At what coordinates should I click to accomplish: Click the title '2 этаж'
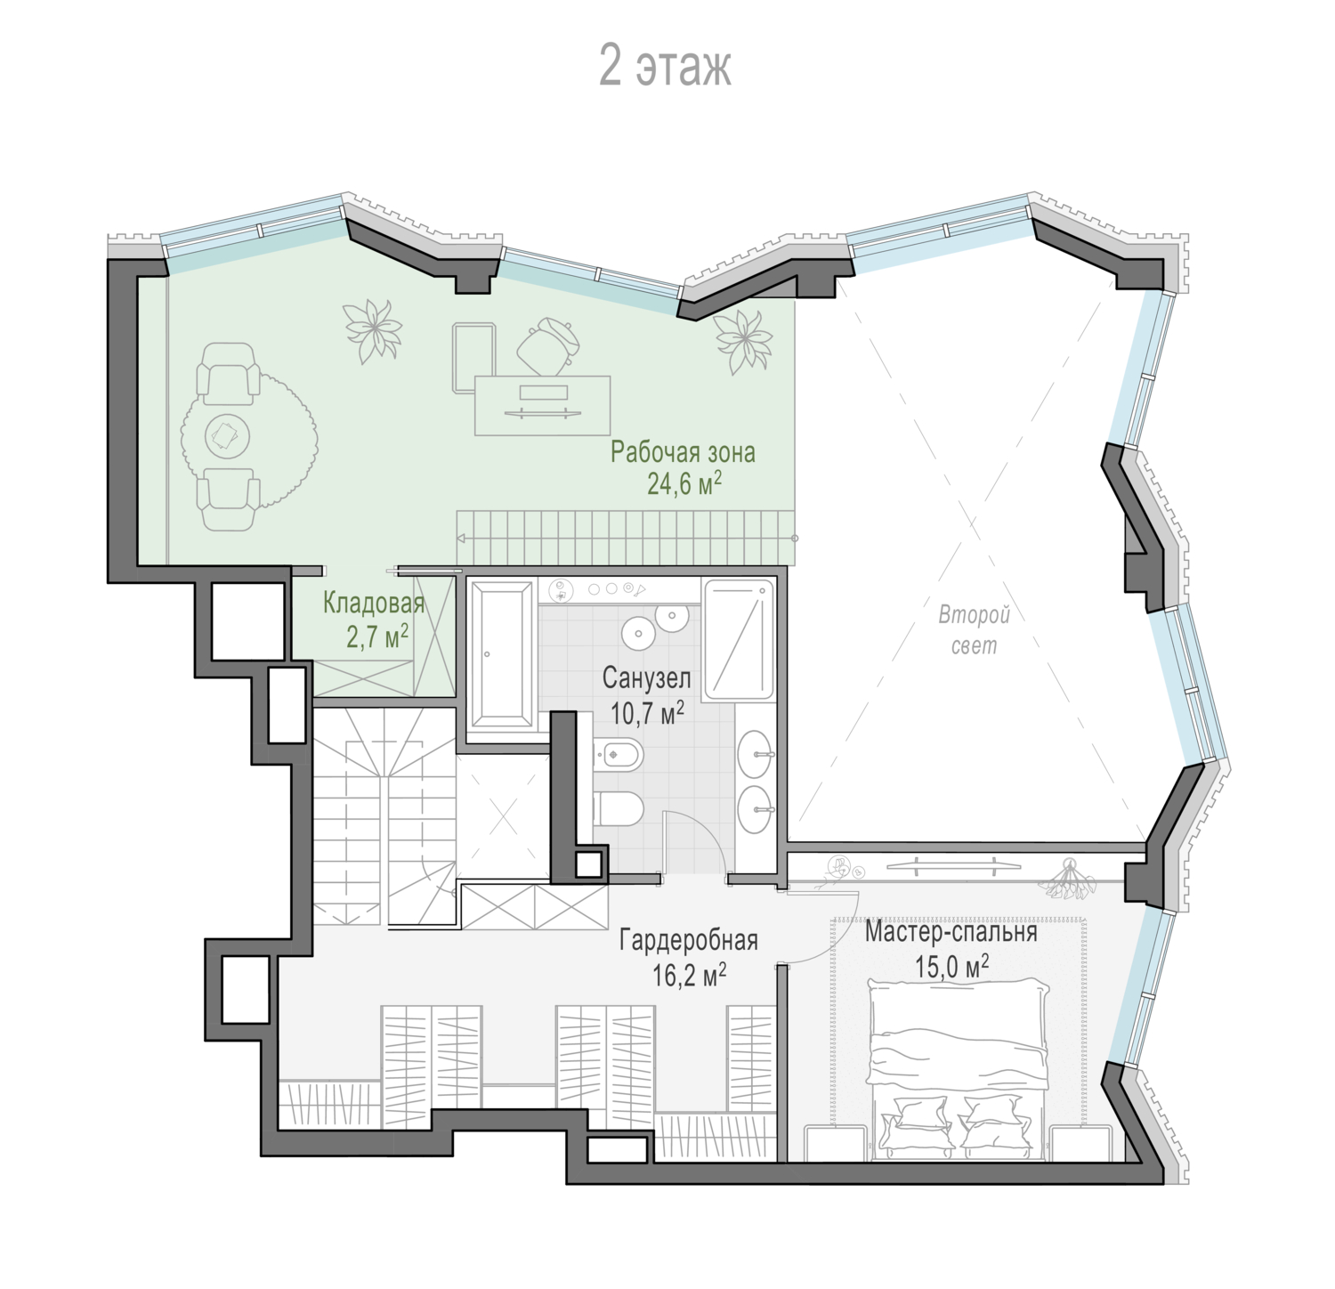665,66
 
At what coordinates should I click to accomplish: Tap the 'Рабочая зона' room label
683,452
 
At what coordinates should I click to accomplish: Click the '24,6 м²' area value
684,483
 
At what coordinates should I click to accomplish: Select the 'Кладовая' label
374,604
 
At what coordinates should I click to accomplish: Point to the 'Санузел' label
647,679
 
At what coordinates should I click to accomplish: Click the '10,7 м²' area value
648,711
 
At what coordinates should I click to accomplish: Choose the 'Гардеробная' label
689,940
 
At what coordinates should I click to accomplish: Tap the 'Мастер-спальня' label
951,932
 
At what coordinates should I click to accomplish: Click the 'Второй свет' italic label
975,629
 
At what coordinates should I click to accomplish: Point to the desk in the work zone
543,405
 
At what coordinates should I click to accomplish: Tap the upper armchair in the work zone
228,372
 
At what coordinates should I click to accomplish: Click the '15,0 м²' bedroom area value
952,966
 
